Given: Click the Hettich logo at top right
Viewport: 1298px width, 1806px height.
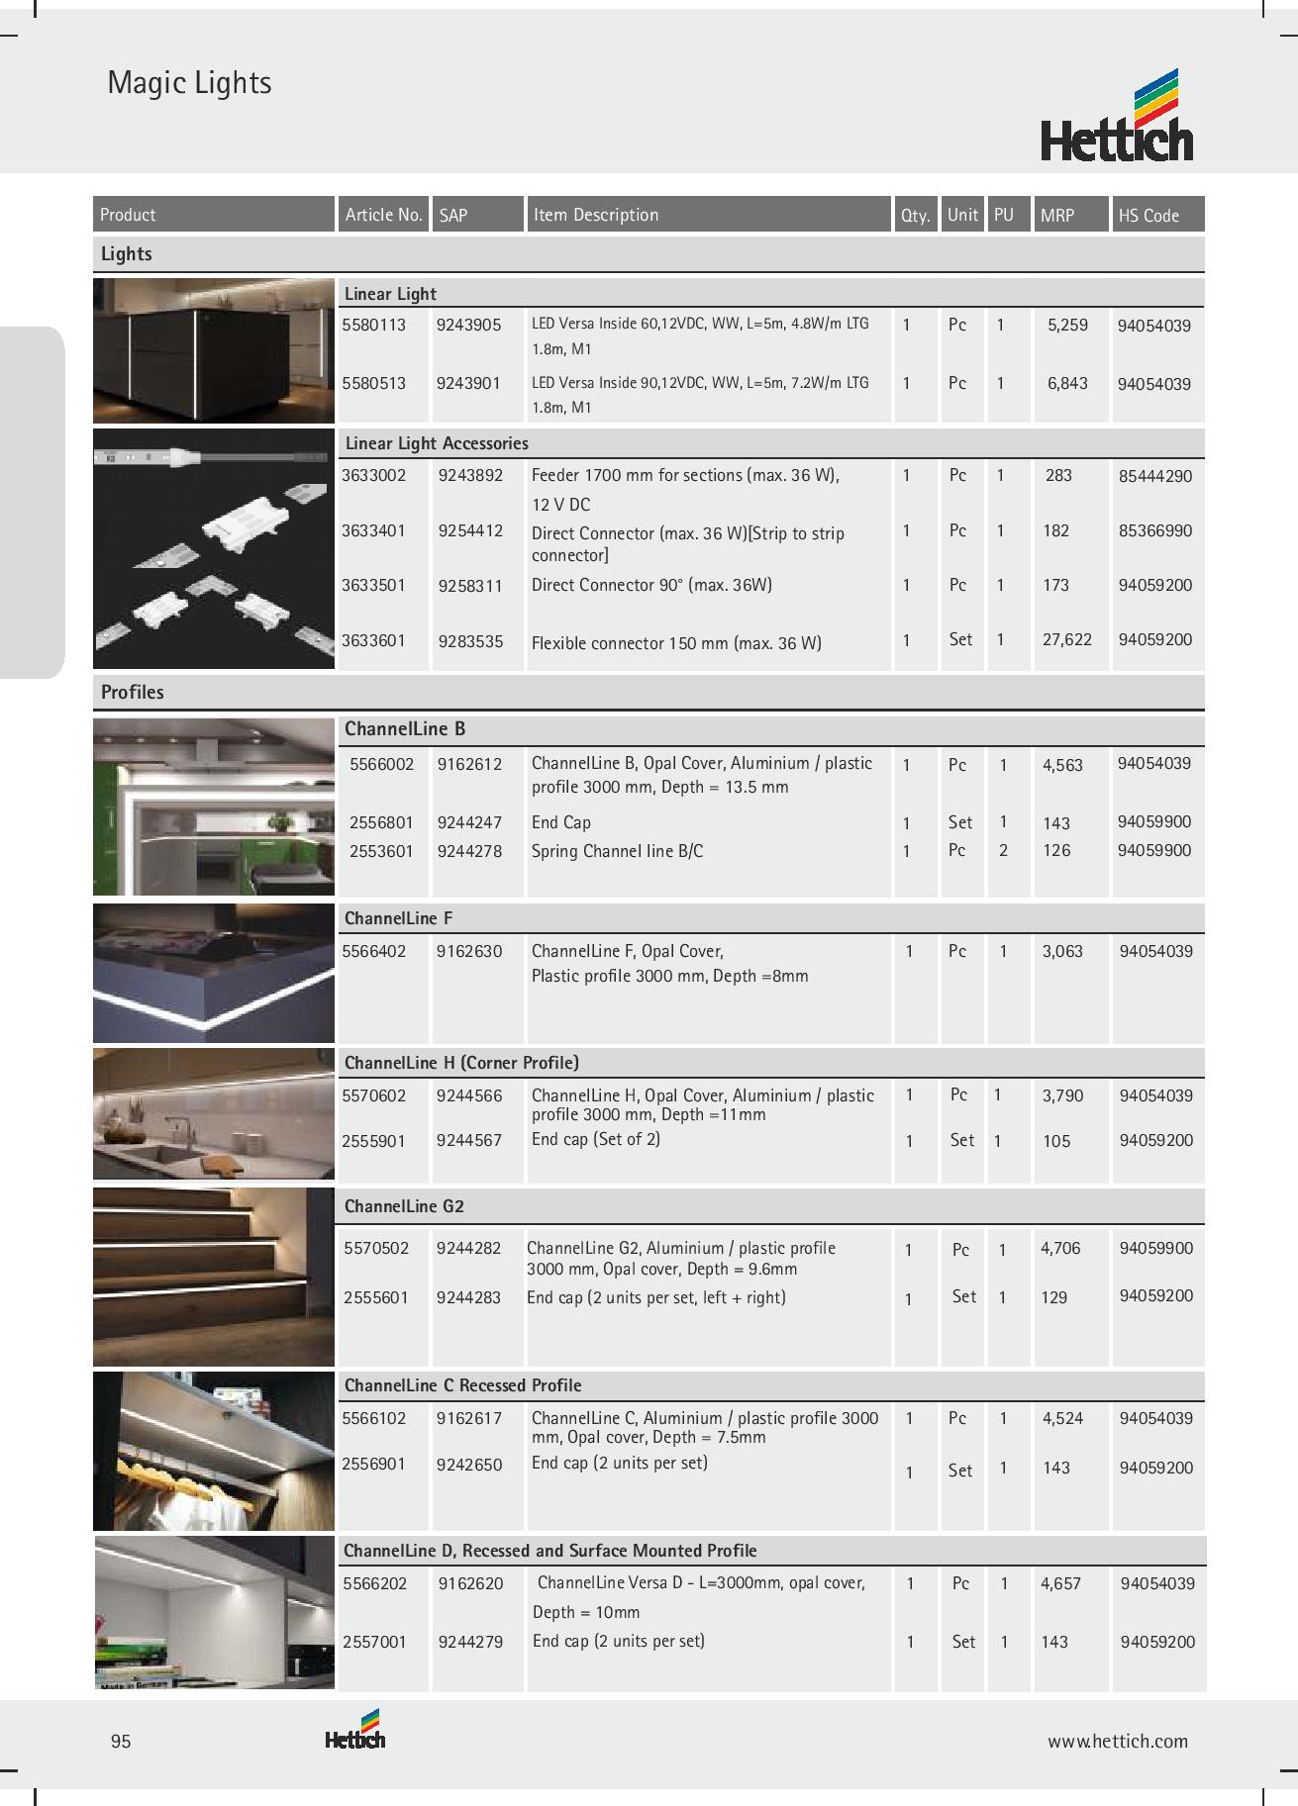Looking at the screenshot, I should coord(1117,117).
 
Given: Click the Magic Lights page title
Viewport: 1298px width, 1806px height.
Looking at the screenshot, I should coord(189,83).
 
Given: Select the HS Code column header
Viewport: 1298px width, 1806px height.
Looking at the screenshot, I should coord(1148,215).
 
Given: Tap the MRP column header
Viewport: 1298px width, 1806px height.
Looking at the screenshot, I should coord(1057,215).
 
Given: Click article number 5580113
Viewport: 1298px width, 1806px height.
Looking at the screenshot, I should coord(373,326).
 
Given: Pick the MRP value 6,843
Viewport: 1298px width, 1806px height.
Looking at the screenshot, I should coord(1067,383).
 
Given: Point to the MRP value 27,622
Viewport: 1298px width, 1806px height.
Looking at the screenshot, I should coord(1067,639).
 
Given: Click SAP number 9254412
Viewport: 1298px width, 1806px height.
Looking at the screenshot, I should coord(470,530).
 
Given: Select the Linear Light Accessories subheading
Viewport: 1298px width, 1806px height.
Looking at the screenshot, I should coord(437,443).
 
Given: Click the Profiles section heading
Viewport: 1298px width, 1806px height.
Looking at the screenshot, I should coord(133,692).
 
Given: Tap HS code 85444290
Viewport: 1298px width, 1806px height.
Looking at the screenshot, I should coord(1155,476).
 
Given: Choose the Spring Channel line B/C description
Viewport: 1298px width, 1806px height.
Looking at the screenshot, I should coord(617,851).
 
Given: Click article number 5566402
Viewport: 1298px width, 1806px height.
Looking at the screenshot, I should coord(373,952).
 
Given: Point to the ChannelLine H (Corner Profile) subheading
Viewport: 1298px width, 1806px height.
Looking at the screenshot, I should coord(461,1063).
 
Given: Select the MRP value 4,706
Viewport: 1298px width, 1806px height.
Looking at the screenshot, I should coord(1060,1249).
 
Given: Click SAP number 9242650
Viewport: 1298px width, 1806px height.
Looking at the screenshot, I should coord(468,1464).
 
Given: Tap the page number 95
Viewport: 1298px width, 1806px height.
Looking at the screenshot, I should coord(121,1742).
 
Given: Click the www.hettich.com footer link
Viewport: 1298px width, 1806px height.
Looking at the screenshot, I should coord(1118,1742).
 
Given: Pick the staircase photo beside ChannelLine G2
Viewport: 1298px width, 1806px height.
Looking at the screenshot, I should coord(214,1277).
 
